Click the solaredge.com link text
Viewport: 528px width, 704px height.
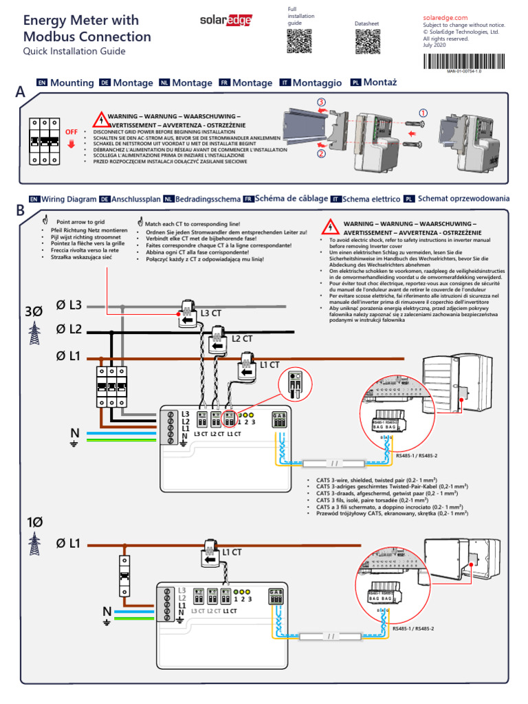445,17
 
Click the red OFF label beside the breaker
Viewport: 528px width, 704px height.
71,131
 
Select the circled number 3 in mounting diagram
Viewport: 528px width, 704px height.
322,102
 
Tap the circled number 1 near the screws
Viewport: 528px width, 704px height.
423,112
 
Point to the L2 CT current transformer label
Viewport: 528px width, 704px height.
241,338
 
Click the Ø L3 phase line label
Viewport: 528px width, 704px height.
69,305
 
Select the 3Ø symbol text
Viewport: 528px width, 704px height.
33,311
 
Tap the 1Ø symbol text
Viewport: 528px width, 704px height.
34,522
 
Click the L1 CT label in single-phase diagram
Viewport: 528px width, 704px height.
232,551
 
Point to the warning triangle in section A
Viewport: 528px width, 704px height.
100,118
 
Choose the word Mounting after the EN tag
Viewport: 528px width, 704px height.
72,82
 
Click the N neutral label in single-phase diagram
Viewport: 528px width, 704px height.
107,611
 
